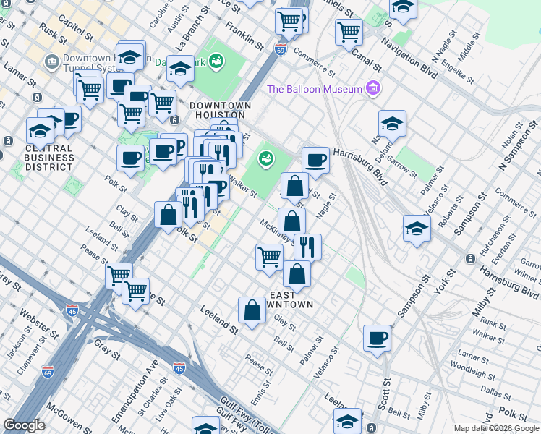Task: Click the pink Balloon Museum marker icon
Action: point(373,89)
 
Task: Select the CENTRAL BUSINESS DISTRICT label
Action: point(49,158)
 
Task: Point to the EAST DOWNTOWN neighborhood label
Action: point(291,299)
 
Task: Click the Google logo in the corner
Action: point(24,425)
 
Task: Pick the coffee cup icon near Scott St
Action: point(377,338)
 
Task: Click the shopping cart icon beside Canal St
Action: point(349,31)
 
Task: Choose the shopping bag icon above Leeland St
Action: point(251,310)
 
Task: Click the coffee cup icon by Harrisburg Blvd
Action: point(315,160)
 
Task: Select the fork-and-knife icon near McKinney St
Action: point(307,247)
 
